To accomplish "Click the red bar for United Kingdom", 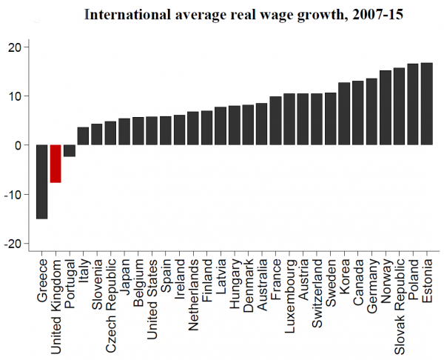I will [x=55, y=163].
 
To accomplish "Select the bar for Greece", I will [x=41, y=181].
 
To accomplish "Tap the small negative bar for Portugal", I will [x=69, y=150].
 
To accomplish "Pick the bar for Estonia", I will [x=426, y=104].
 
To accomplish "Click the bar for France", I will [x=275, y=121].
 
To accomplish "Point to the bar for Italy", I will [x=83, y=136].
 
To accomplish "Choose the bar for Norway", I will [x=386, y=107].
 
